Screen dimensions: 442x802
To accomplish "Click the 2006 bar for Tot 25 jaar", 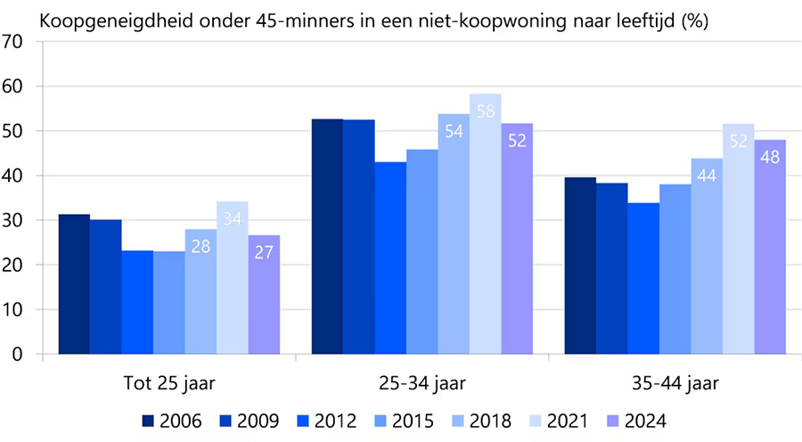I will pyautogui.click(x=74, y=284).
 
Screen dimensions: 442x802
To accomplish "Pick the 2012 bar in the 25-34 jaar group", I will pyautogui.click(x=389, y=258).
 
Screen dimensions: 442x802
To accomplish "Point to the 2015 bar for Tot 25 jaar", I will pyautogui.click(x=169, y=302).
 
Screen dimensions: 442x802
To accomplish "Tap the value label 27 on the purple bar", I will pyautogui.click(x=264, y=252).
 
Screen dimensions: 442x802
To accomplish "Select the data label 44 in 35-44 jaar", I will pyautogui.click(x=707, y=176).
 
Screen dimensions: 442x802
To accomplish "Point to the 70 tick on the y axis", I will pyautogui.click(x=13, y=42).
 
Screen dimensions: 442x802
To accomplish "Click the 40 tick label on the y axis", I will pyautogui.click(x=13, y=176).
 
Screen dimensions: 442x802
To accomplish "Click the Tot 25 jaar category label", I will pyautogui.click(x=169, y=385).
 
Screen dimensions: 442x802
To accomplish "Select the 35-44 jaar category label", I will pyautogui.click(x=675, y=385).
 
